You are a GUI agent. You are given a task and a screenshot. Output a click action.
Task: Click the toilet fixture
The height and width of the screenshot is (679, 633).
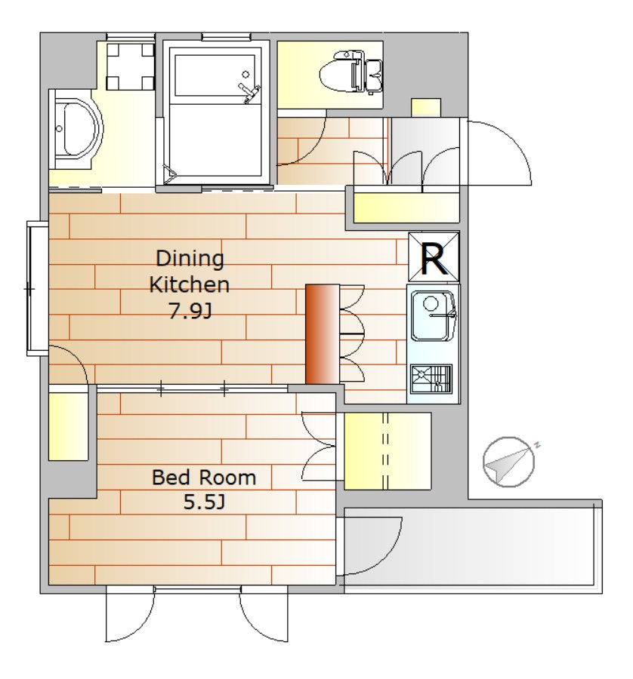(350, 72)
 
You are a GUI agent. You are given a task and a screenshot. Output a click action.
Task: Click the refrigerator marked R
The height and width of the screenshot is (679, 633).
(434, 257)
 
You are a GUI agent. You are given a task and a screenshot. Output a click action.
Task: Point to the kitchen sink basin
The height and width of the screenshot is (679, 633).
(432, 316)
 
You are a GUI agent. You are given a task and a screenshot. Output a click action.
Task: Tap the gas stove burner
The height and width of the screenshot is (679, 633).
(431, 379)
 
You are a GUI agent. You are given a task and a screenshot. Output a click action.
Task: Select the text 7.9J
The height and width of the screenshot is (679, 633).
(190, 311)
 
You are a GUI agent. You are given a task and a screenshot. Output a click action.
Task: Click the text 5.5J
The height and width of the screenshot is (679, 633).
(204, 502)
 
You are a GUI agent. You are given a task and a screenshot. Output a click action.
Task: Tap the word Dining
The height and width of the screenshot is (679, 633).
(190, 259)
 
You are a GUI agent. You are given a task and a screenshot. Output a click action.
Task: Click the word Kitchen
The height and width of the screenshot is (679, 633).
(189, 285)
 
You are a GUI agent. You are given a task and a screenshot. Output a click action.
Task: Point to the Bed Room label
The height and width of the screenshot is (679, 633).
(204, 478)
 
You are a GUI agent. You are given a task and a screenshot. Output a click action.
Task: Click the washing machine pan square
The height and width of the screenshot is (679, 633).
(131, 66)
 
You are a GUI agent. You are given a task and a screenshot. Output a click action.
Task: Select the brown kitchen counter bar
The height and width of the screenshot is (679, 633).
(322, 334)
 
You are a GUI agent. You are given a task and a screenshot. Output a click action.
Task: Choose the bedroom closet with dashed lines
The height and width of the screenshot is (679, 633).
(388, 451)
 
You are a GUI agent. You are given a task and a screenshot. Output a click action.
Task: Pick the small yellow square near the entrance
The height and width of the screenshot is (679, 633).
(426, 107)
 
